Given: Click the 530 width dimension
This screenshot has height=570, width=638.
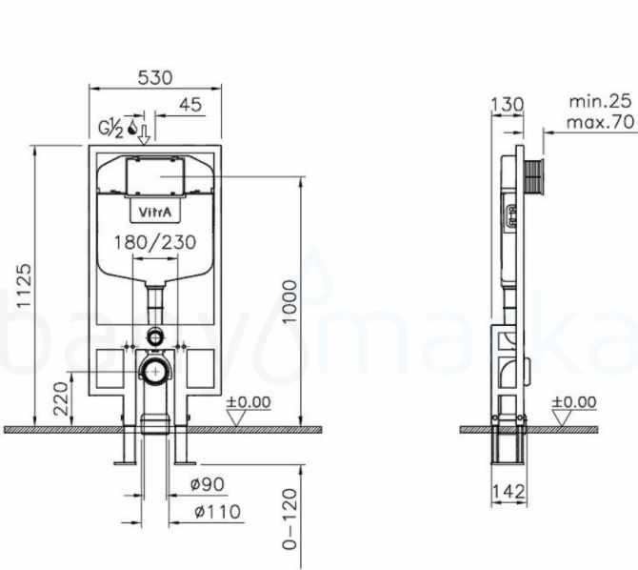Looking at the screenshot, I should click(154, 77).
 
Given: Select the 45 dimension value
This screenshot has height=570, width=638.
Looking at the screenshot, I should click(189, 105).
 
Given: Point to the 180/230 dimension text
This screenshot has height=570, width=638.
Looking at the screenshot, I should click(154, 242).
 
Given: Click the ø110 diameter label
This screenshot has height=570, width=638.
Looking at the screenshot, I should click(214, 512).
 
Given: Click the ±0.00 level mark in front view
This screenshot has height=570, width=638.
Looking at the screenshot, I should click(248, 403).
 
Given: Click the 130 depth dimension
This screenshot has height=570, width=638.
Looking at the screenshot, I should click(506, 102).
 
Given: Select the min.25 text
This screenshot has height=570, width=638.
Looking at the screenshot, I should click(601, 100).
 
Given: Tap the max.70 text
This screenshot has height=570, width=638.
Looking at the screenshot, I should click(601, 122).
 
